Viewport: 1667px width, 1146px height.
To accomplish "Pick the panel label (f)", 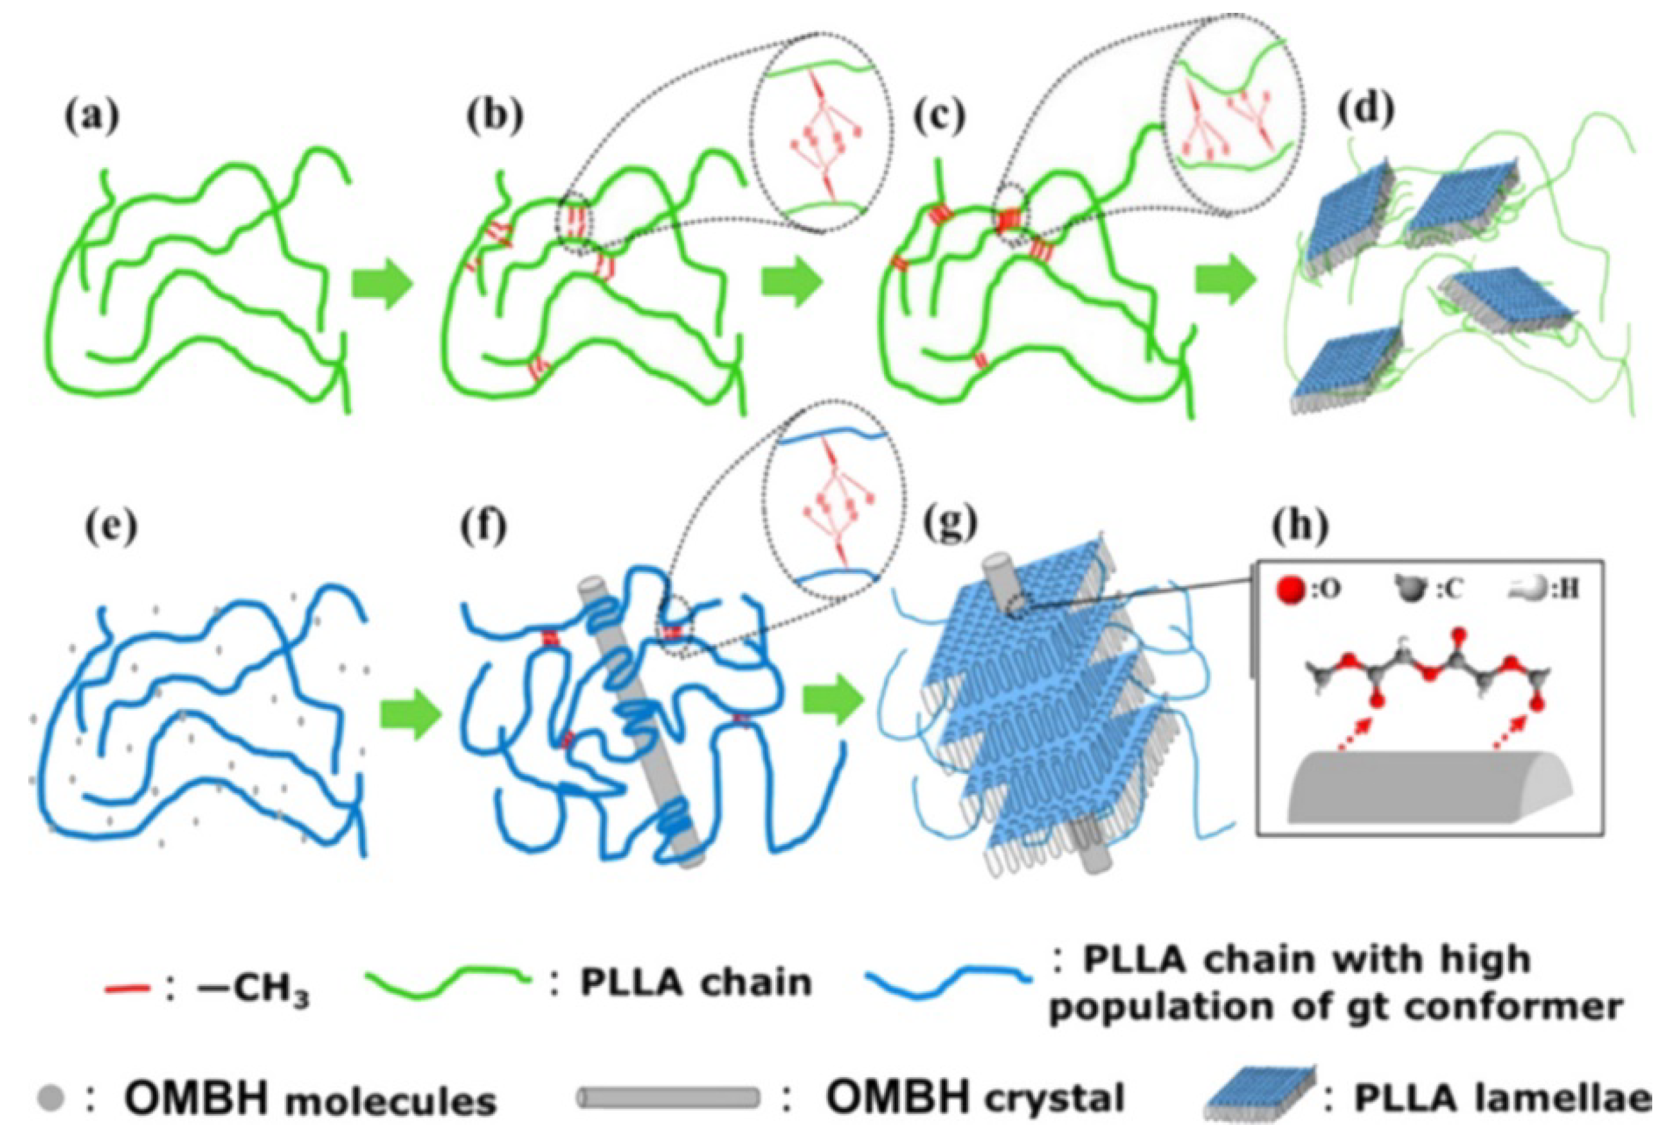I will pyautogui.click(x=485, y=529).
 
